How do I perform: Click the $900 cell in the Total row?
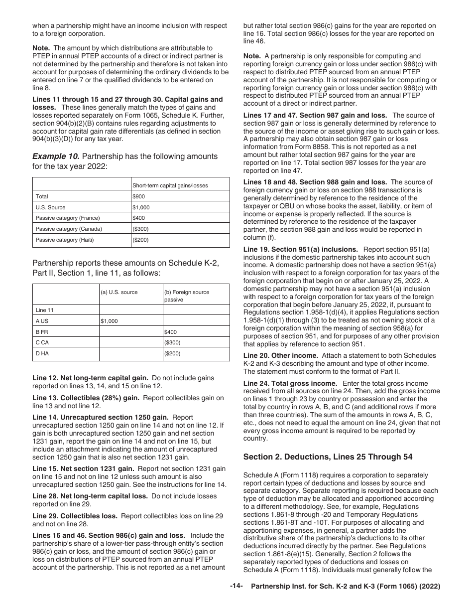(x=139, y=196)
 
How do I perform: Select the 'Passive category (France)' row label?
(x=68, y=218)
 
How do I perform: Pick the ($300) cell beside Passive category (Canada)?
(x=140, y=229)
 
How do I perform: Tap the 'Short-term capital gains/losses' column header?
(x=170, y=185)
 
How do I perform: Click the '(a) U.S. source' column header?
(x=119, y=292)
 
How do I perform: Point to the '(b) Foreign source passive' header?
(x=187, y=296)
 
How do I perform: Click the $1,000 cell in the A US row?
(x=110, y=321)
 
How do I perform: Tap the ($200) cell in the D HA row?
(x=172, y=354)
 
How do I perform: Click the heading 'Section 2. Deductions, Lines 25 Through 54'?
(x=328, y=457)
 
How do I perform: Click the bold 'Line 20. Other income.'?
(x=280, y=356)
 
